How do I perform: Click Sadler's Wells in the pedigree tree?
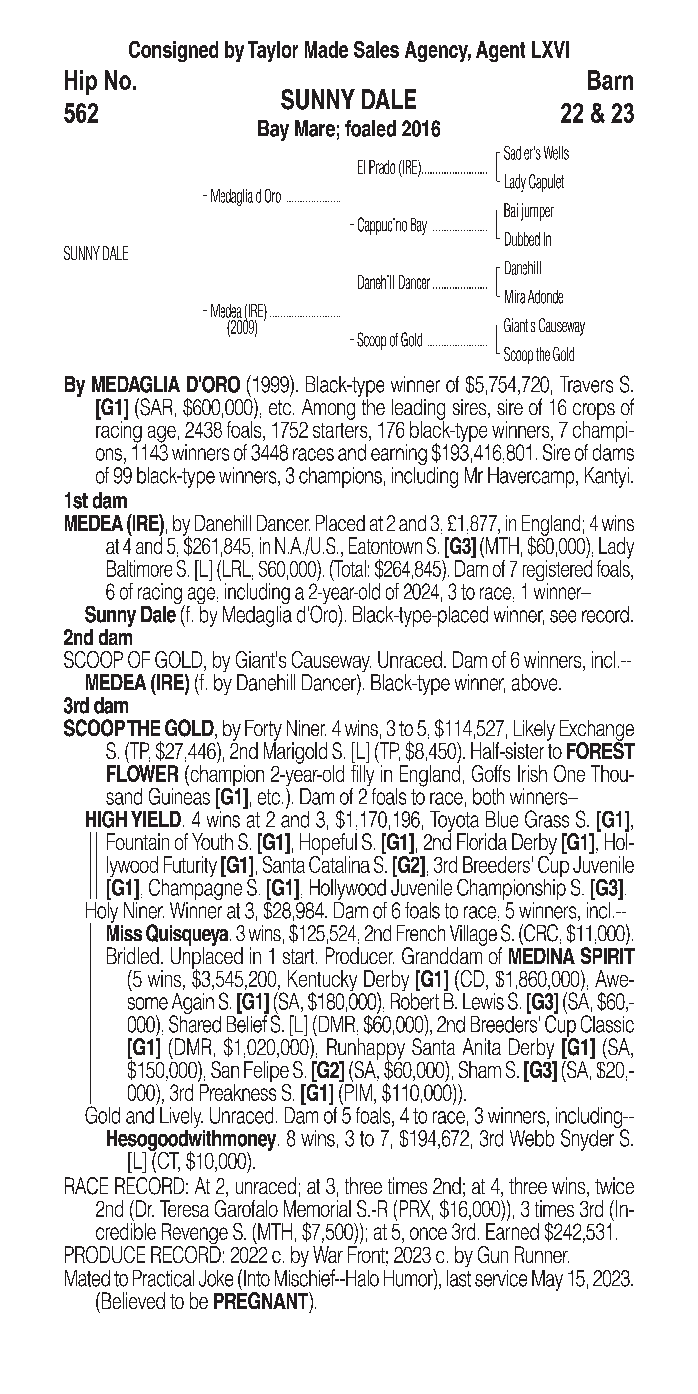536,154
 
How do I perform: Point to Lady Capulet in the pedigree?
533,182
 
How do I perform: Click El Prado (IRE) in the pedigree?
388,168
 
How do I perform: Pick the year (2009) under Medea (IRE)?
242,329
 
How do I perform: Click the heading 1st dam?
95,501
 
